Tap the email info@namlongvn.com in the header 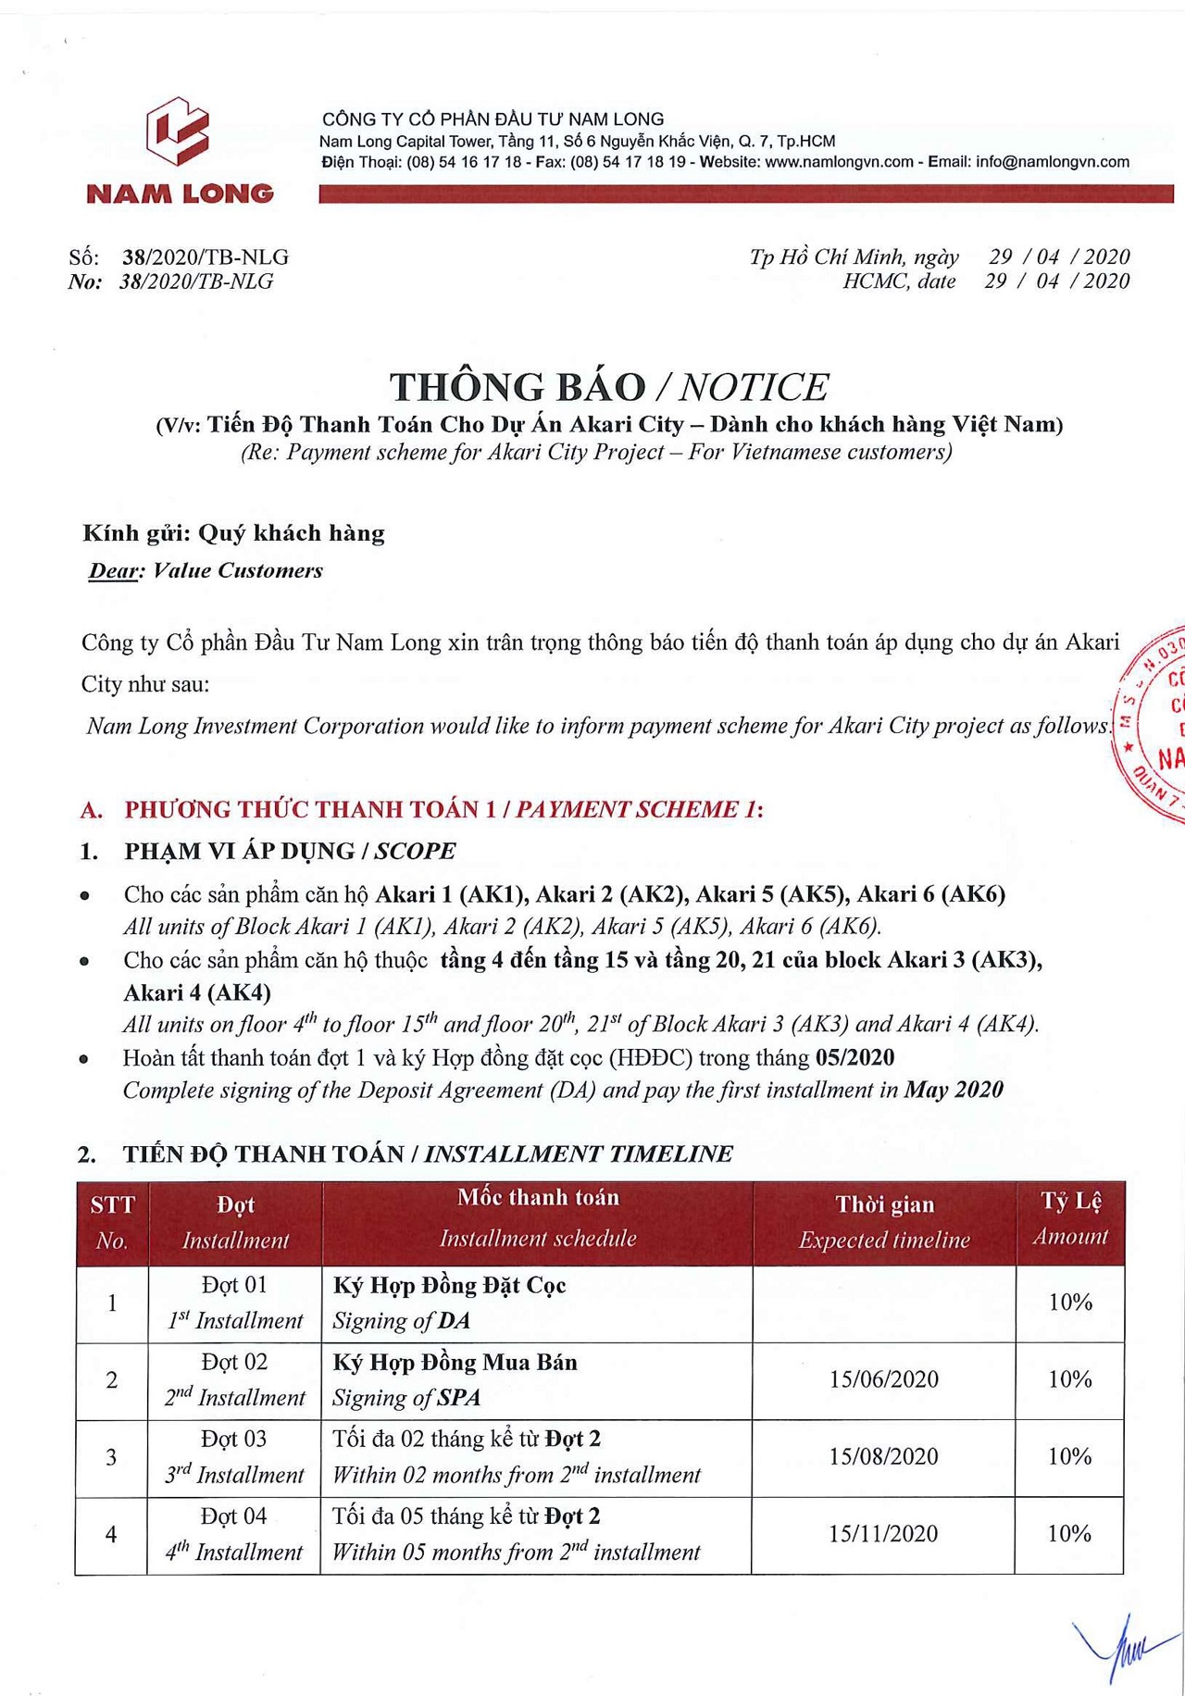point(1053,162)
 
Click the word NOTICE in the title point(754,387)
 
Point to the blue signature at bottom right point(1125,1648)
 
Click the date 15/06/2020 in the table point(883,1379)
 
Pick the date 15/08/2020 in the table point(883,1456)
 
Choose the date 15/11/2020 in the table point(883,1534)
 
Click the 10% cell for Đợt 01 point(1070,1303)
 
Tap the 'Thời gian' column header point(884,1204)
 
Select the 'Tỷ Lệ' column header point(1071,1202)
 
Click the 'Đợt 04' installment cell point(234,1516)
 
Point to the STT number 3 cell point(111,1457)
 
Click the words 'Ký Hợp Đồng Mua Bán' point(455,1363)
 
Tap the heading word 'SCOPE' point(415,851)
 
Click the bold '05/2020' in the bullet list point(854,1057)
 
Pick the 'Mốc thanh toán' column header point(538,1198)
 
